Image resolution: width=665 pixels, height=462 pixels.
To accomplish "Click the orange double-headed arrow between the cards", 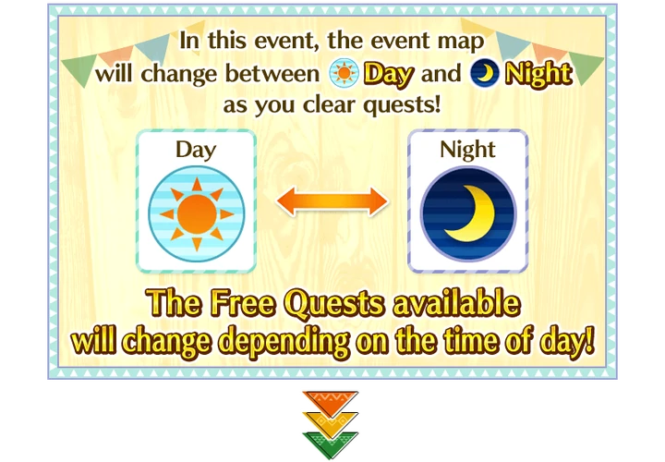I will coord(332,201).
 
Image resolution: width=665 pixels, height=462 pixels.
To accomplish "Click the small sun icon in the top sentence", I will coord(344,73).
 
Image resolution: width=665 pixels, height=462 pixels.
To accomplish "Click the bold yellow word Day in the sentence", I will coord(388,73).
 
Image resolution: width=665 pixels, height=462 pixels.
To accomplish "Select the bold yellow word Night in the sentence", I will coord(536,73).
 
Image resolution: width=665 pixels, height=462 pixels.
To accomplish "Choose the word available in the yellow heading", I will coord(456,304).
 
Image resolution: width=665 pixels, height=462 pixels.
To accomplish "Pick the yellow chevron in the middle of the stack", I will coord(330,420).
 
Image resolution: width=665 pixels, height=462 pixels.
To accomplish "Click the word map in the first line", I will coord(459,42).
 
